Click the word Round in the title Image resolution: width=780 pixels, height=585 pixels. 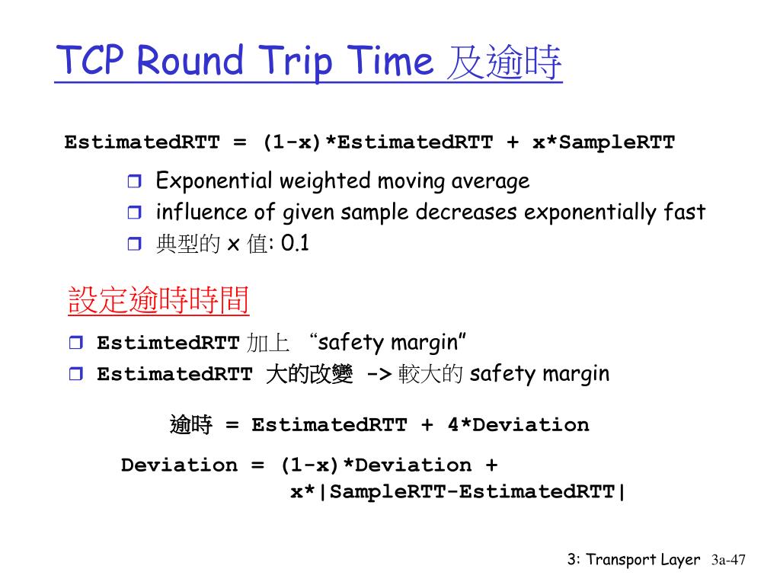(190, 60)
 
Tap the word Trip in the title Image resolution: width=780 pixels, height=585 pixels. (296, 62)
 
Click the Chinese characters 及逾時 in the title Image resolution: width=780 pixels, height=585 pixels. (504, 62)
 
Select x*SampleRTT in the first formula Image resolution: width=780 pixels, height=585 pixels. (603, 142)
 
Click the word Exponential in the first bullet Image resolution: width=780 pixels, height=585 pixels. (214, 181)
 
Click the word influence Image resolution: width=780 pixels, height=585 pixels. (201, 212)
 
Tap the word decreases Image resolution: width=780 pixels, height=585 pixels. (466, 213)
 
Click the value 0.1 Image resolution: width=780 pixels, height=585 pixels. (295, 243)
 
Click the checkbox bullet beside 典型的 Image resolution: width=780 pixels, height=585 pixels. (134, 244)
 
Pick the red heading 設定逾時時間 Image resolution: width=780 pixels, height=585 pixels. (158, 300)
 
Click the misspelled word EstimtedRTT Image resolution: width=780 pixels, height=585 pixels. (168, 343)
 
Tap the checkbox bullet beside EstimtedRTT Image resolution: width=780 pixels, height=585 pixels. (76, 342)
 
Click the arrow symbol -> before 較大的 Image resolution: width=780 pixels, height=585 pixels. (379, 373)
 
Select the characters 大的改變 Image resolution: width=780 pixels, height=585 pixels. (309, 374)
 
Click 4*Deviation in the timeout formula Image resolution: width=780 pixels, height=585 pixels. (518, 425)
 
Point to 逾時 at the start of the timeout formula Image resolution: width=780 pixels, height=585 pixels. (191, 425)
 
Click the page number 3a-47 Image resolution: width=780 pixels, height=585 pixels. (728, 560)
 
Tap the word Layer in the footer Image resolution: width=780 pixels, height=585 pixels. (680, 560)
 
